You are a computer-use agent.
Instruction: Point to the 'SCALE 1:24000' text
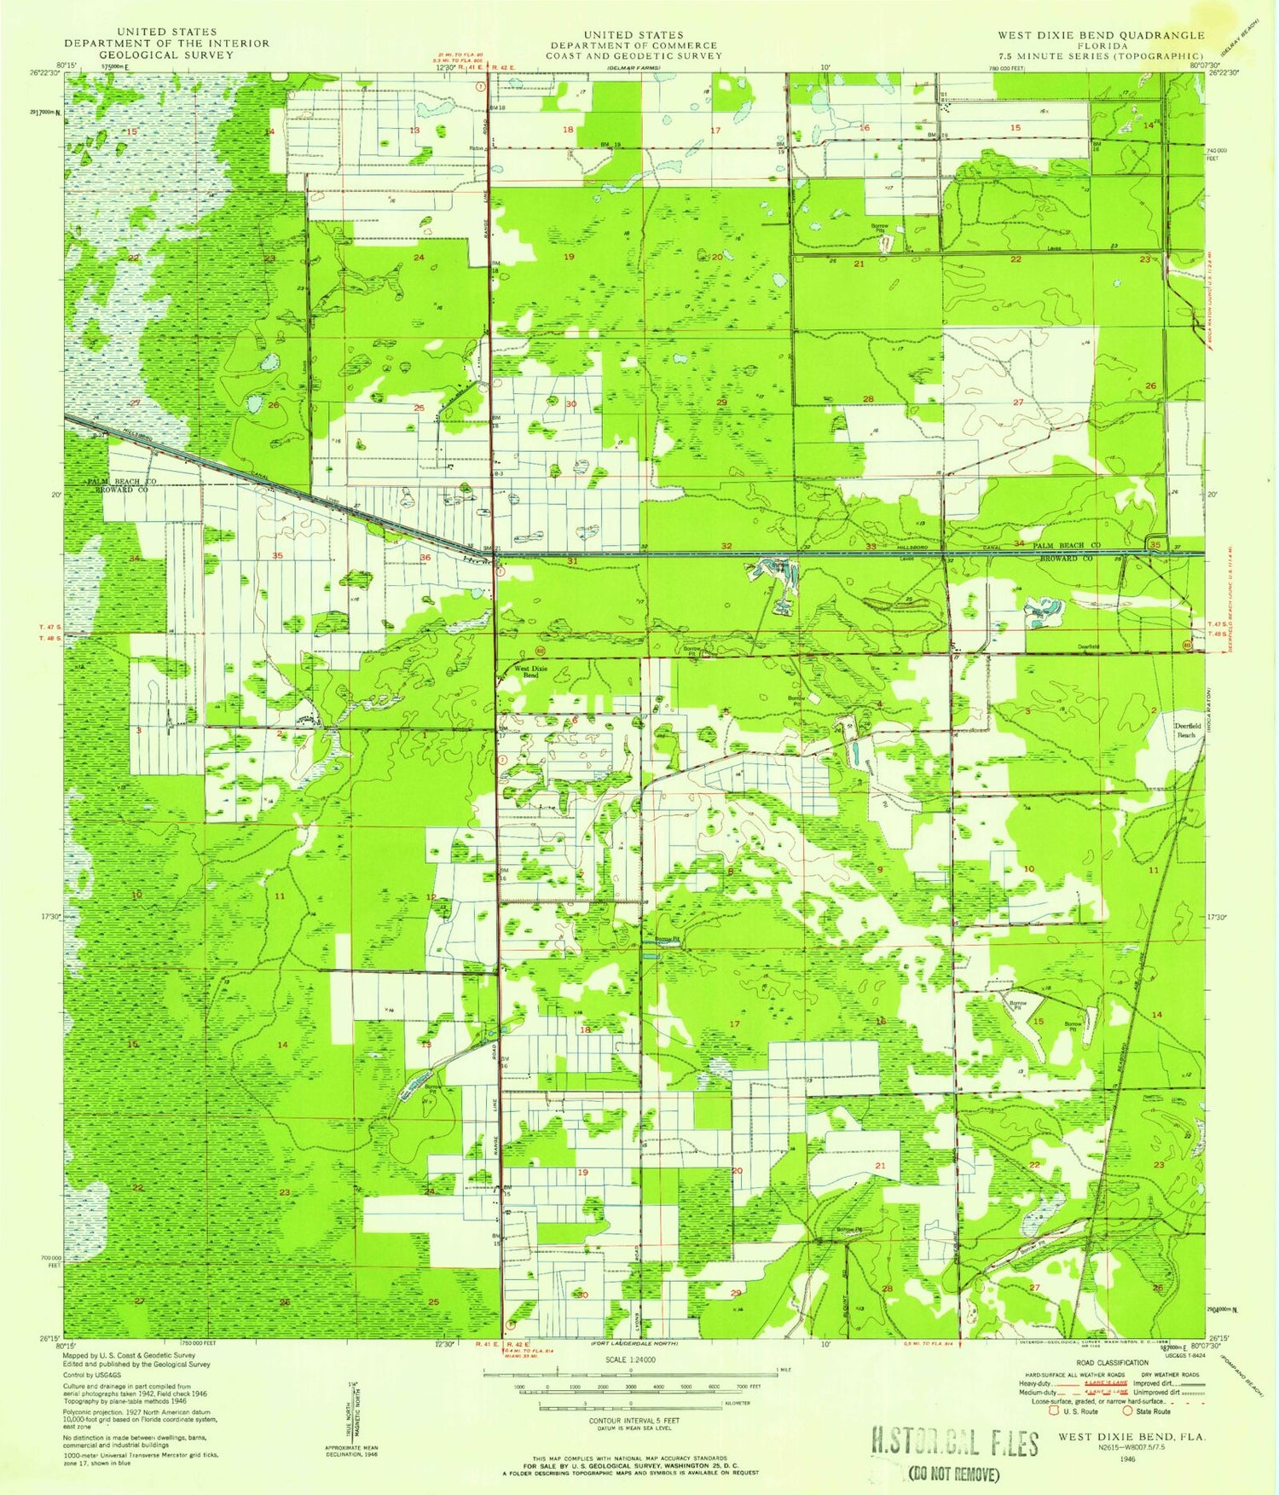630,1360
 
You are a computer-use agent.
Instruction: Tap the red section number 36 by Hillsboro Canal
425,558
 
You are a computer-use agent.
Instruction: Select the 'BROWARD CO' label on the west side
115,492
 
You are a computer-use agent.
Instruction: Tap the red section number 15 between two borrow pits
1038,1021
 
